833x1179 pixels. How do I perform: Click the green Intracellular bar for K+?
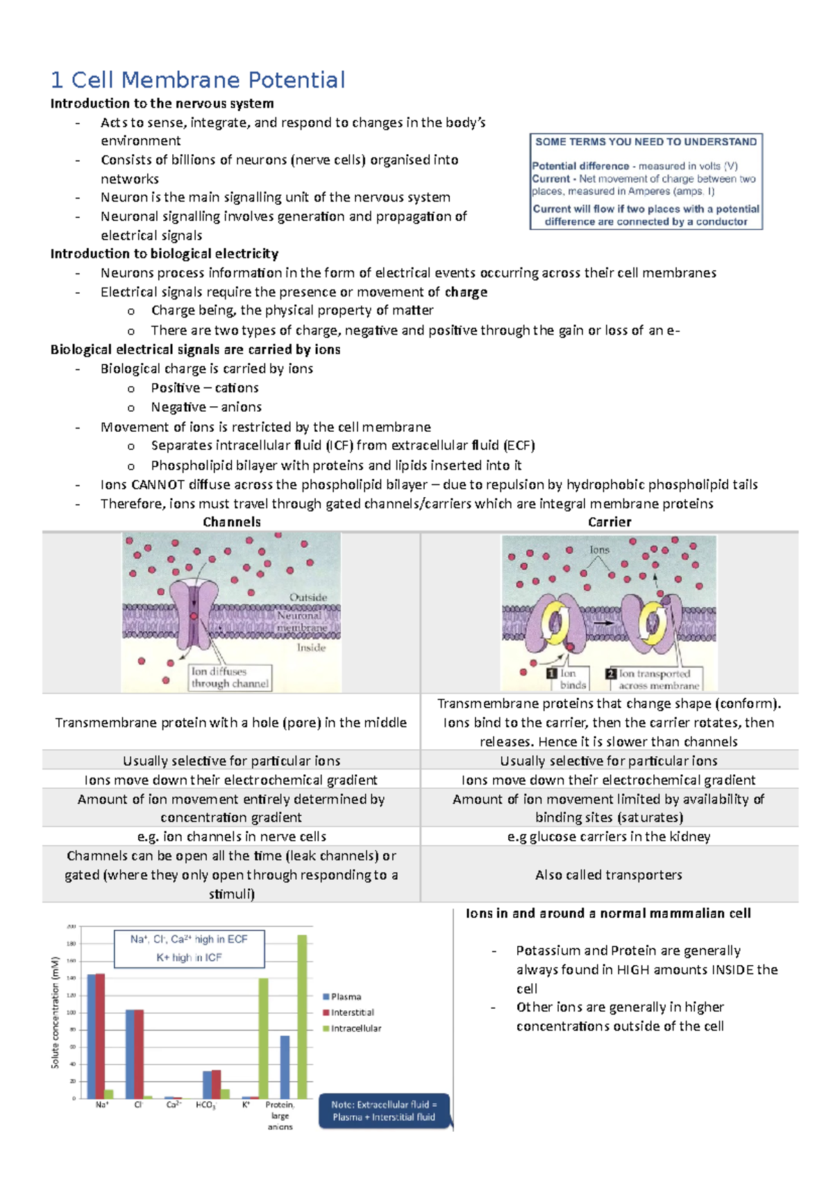pyautogui.click(x=264, y=1038)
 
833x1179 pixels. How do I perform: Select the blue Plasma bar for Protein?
pyautogui.click(x=285, y=1067)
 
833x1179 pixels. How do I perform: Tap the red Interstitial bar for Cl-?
pyautogui.click(x=139, y=1053)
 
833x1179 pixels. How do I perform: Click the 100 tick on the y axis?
pyautogui.click(x=71, y=1012)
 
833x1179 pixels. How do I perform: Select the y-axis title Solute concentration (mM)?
pyautogui.click(x=55, y=1012)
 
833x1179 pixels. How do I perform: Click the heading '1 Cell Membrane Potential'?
pyautogui.click(x=198, y=80)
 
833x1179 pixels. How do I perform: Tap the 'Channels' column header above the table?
pyautogui.click(x=232, y=522)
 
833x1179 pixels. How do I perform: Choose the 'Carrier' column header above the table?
pyautogui.click(x=609, y=522)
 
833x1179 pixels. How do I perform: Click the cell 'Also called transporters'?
pyautogui.click(x=609, y=875)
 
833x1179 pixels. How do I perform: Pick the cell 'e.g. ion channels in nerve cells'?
pyautogui.click(x=232, y=837)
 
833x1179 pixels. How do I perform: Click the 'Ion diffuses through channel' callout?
pyautogui.click(x=230, y=678)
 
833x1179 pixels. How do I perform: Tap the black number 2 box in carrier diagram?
pyautogui.click(x=611, y=674)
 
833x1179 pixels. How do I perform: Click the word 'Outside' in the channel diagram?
pyautogui.click(x=308, y=597)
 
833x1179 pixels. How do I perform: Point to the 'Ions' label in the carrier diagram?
pyautogui.click(x=599, y=550)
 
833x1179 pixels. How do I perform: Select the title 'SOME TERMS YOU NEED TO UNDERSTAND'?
pyautogui.click(x=646, y=142)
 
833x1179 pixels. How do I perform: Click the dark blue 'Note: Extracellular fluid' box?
pyautogui.click(x=384, y=1111)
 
